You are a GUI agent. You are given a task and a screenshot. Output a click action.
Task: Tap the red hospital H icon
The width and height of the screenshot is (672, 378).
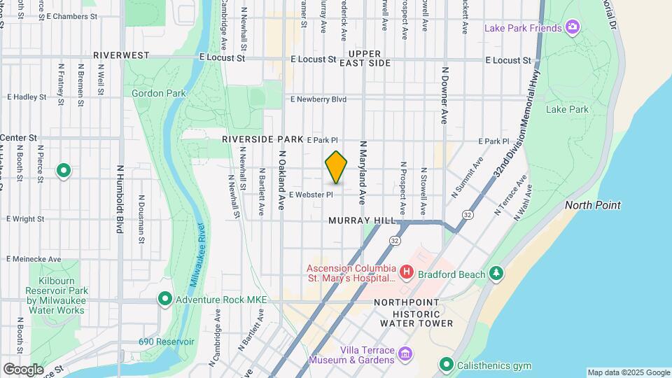[405, 271]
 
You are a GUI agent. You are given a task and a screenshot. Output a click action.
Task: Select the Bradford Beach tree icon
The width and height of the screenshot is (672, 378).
[496, 274]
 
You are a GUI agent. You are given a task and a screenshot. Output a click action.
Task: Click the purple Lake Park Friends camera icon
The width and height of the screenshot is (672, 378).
[573, 28]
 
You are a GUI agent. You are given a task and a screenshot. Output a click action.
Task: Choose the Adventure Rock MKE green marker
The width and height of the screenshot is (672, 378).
[165, 300]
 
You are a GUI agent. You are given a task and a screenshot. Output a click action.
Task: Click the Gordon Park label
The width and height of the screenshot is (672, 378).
[158, 93]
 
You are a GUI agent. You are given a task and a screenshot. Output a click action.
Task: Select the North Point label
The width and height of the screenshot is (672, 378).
[592, 205]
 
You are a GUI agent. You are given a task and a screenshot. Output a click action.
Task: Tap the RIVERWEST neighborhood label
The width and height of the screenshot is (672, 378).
[121, 55]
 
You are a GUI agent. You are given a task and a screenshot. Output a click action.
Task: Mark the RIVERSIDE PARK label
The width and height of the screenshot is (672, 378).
[262, 139]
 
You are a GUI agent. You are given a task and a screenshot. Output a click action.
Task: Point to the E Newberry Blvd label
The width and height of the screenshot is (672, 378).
[318, 99]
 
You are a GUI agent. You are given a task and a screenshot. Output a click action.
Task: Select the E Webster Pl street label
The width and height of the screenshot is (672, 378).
[311, 195]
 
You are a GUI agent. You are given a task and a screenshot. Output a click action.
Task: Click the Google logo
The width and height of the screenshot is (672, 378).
[23, 369]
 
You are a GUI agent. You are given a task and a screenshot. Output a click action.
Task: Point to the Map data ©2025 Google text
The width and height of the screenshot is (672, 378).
[628, 372]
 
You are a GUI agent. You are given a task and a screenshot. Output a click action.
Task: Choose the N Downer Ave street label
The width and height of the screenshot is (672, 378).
[444, 95]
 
